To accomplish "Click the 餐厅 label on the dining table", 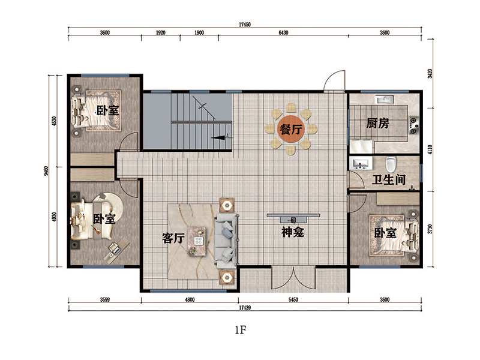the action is [x=291, y=130].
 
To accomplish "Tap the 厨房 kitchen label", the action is [x=378, y=124].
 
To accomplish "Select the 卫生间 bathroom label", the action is [x=389, y=179].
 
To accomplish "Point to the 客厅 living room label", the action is [x=173, y=238].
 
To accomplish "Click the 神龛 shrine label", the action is [x=293, y=232].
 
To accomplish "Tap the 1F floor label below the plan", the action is [x=241, y=329].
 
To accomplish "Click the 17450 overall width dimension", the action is [x=245, y=25].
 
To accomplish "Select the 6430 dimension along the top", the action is [x=283, y=33].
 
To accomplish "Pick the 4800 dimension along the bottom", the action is [x=190, y=299].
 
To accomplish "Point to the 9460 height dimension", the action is [x=46, y=171].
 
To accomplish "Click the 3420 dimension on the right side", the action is [x=430, y=74].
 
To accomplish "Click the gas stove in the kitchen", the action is [x=413, y=125].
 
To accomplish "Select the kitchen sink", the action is [x=384, y=100].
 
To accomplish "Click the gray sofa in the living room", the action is [x=226, y=239].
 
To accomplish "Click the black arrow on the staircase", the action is [x=218, y=137].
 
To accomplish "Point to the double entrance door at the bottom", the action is [x=293, y=278].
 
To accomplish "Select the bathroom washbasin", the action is [x=362, y=164].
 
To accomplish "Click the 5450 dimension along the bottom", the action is [x=293, y=299].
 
